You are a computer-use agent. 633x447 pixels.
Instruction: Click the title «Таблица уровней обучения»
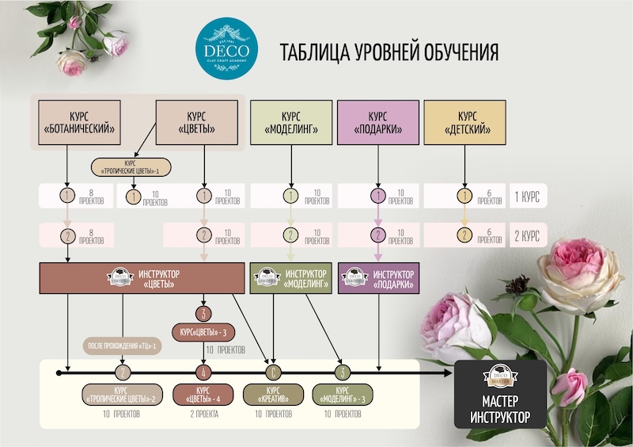(389, 52)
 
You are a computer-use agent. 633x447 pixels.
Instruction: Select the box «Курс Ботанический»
(77, 123)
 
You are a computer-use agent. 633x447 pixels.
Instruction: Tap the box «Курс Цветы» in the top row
(198, 123)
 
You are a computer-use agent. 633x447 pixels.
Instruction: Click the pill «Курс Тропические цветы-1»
(131, 167)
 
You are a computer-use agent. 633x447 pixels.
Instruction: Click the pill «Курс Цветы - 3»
(203, 330)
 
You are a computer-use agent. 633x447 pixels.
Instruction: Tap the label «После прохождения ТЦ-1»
(122, 346)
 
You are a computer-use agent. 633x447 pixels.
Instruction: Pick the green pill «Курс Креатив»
(273, 394)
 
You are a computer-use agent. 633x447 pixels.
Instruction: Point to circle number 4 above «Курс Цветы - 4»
(204, 371)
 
